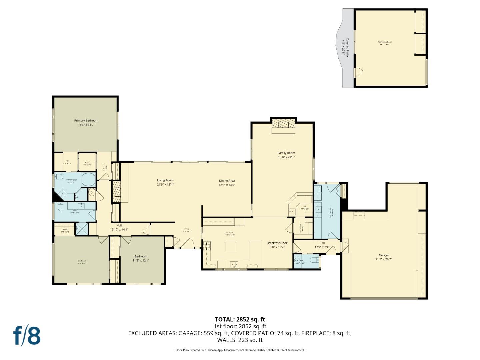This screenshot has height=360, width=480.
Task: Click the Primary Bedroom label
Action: click(86, 121)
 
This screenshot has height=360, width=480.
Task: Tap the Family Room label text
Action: click(286, 153)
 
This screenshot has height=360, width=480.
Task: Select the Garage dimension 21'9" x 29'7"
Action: click(384, 259)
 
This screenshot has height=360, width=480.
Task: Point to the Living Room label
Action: click(165, 180)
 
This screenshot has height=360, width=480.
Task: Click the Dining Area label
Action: click(227, 181)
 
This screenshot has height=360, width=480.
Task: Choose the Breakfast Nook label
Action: click(277, 243)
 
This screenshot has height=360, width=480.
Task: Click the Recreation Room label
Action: click(385, 42)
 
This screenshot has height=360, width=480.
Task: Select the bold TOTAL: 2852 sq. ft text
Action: click(240, 319)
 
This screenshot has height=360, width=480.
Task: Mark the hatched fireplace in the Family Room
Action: click(284, 124)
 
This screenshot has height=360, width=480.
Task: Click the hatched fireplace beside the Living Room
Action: click(116, 192)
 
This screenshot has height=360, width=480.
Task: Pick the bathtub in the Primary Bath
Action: click(89, 179)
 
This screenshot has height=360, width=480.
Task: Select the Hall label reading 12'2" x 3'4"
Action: click(322, 245)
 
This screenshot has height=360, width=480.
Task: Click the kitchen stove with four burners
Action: click(207, 246)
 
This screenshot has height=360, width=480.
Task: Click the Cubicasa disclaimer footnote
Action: click(240, 350)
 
